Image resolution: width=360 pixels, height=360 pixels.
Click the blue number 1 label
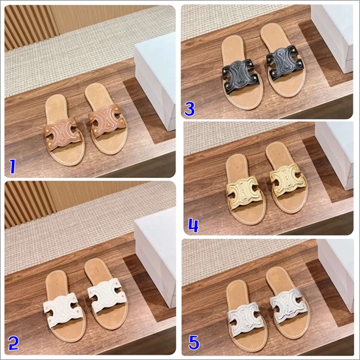[x=12, y=167]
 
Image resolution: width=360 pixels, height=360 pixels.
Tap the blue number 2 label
[x=13, y=343]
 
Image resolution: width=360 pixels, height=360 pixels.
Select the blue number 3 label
[x=190, y=109]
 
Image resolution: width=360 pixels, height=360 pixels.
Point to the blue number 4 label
[x=193, y=226]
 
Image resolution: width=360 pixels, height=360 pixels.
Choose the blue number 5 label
[x=194, y=343]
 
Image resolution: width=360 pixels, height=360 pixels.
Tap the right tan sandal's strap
[x=108, y=121]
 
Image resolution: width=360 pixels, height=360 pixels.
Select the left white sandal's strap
[x=62, y=309]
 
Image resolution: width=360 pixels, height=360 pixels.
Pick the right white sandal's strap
[x=107, y=295]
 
